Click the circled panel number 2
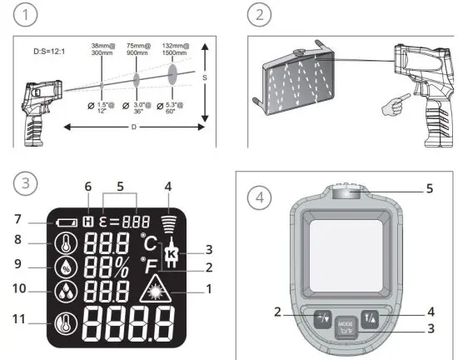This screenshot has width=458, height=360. [260, 14]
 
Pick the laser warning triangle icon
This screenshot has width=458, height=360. [153, 290]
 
